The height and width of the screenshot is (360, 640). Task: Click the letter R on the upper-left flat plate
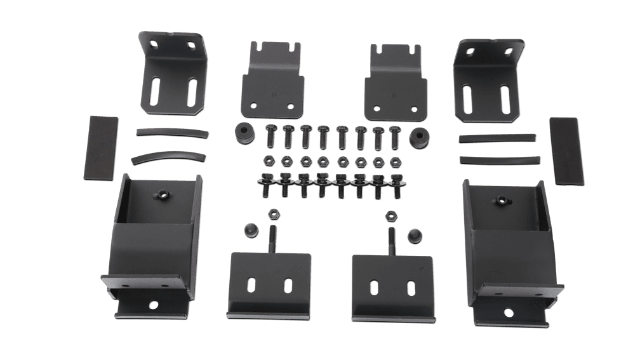[274, 95]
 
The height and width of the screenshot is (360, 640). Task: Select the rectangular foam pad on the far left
[102, 147]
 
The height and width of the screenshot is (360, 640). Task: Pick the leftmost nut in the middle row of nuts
[268, 159]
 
